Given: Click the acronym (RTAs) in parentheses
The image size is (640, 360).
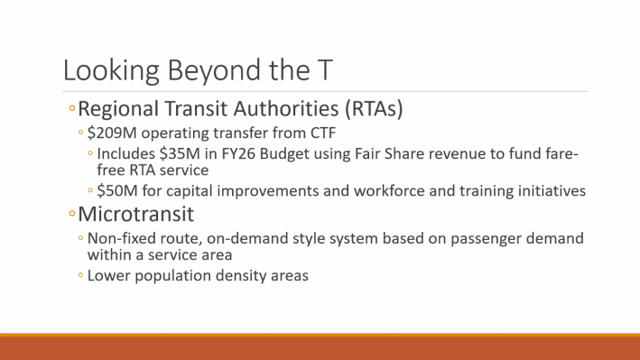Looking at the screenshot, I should tap(372, 110).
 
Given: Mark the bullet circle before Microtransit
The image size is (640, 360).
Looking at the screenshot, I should tap(71, 217).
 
